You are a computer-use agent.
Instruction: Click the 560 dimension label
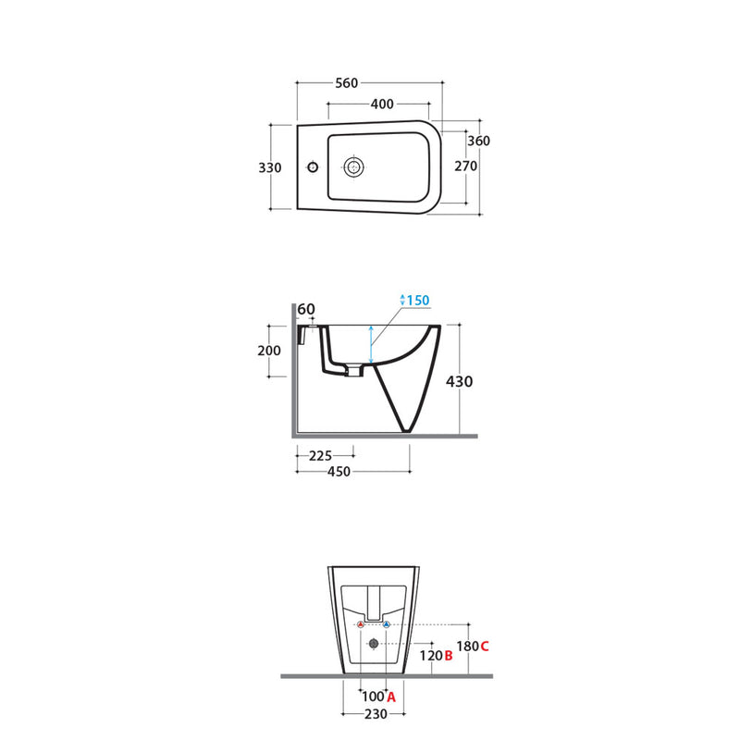coord(346,83)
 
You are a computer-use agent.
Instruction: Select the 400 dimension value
coord(382,104)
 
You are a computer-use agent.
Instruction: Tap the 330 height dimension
coord(270,167)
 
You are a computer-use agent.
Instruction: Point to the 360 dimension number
coord(478,141)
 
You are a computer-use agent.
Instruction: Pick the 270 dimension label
coord(466,166)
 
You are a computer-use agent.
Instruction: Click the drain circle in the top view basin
coord(353,167)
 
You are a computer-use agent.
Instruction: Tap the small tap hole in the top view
coord(313,166)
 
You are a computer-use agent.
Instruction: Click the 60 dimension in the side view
coord(306,309)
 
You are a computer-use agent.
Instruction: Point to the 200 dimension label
coord(269,351)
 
